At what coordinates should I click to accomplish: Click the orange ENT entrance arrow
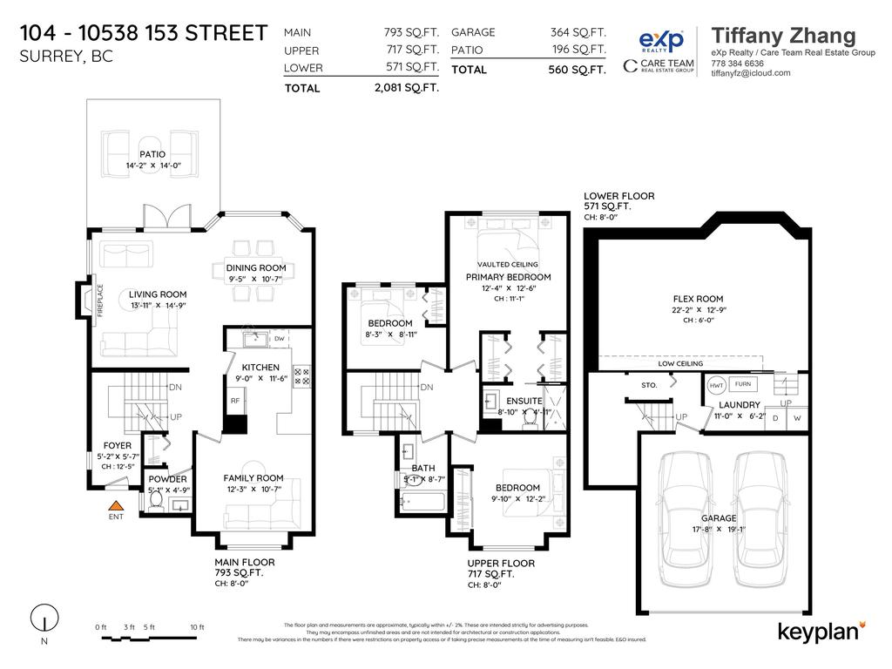click(x=115, y=505)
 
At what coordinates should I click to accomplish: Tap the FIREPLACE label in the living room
click(x=100, y=301)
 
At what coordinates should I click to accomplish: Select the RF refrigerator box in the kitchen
click(x=235, y=401)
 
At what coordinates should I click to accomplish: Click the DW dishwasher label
click(x=280, y=338)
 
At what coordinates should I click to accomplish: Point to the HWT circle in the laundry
click(x=717, y=385)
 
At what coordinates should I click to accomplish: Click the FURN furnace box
click(x=742, y=384)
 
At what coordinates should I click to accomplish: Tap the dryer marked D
click(x=774, y=419)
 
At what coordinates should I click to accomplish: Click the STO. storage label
click(x=649, y=384)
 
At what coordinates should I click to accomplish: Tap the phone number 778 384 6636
click(x=738, y=64)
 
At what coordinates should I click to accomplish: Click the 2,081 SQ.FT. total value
click(x=406, y=87)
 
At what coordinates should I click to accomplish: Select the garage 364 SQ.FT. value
click(x=578, y=32)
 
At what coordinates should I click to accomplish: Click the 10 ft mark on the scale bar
click(x=197, y=627)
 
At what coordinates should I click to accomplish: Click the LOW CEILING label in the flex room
click(x=680, y=363)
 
